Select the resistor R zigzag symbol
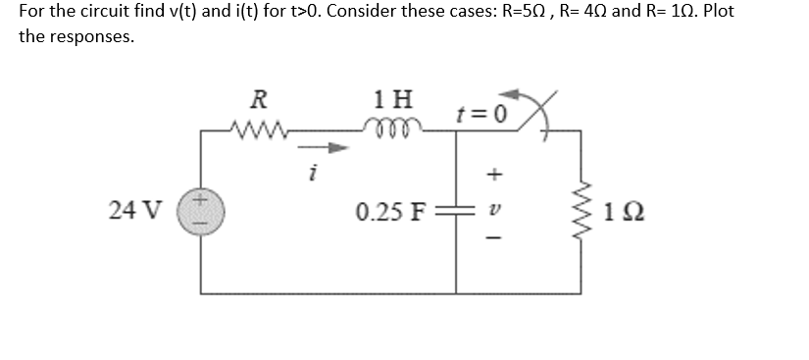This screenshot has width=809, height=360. [258, 128]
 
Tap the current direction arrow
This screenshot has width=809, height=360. [333, 149]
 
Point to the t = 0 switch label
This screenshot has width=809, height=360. [480, 110]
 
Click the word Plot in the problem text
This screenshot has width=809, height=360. [712, 13]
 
